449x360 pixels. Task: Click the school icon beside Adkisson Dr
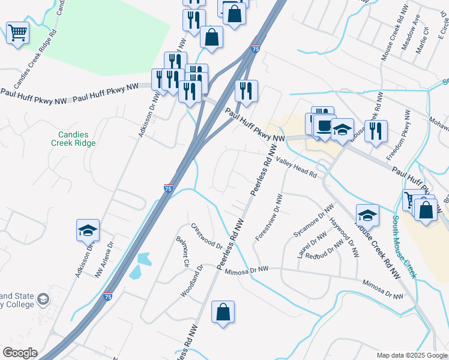tap(88, 230)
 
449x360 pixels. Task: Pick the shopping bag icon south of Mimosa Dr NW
tap(223, 312)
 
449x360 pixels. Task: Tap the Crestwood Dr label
tap(207, 237)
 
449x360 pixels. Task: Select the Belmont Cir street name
tap(182, 252)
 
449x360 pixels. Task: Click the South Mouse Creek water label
tap(403, 246)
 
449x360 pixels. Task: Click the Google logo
tap(19, 353)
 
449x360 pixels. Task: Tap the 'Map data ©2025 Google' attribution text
tap(411, 355)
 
